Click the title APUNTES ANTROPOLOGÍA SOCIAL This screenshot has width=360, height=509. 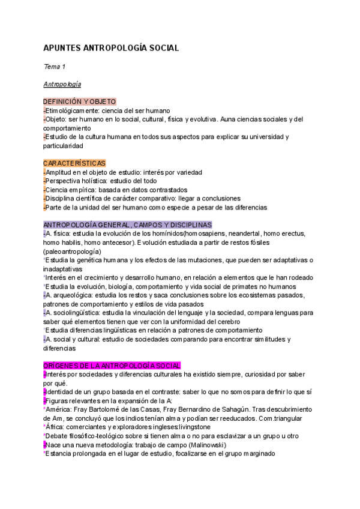pos(112,47)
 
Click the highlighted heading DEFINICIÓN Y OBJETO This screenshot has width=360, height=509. pos(80,102)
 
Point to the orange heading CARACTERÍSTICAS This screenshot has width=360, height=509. pos(74,163)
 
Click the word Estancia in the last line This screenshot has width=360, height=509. pos(59,454)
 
